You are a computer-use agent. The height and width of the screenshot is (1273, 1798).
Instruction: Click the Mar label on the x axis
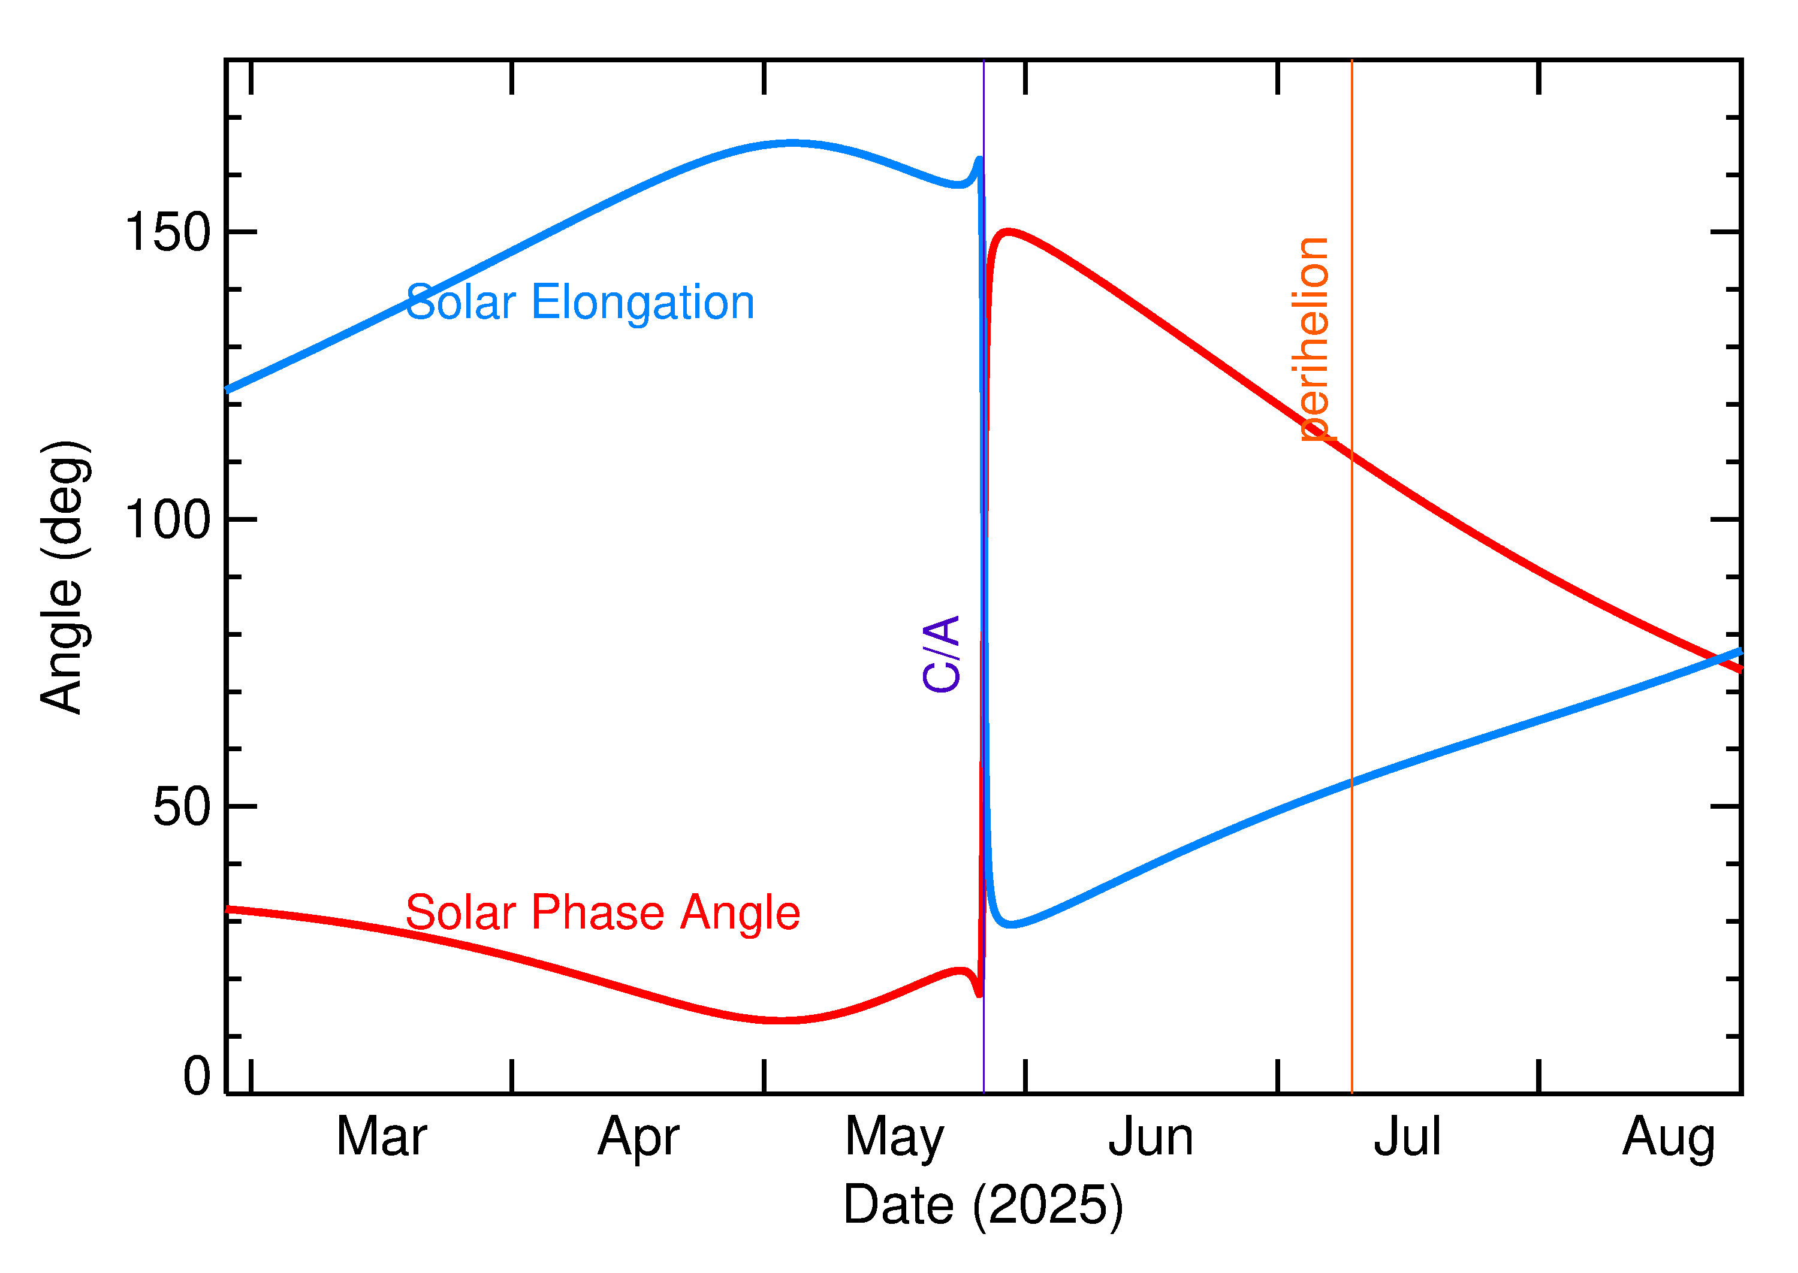point(381,1138)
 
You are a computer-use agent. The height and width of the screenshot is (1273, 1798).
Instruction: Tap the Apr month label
point(638,1138)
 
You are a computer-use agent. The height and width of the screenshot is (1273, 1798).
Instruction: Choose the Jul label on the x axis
point(1407,1138)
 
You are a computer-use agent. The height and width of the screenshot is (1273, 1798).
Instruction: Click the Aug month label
point(1668,1138)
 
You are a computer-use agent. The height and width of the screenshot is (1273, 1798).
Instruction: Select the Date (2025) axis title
point(982,1205)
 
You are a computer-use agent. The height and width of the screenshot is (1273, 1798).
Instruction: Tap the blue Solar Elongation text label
point(580,303)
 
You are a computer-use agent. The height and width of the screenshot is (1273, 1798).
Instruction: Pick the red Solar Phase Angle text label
point(602,912)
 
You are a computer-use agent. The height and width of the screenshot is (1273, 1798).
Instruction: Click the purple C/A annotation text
point(942,654)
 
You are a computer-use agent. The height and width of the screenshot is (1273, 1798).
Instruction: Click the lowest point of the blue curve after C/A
point(1012,925)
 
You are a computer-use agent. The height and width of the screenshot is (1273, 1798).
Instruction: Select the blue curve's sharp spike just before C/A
point(979,160)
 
